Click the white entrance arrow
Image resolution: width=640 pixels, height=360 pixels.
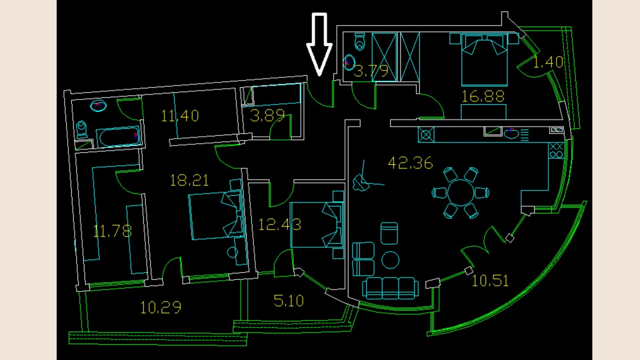pyautogui.click(x=319, y=44)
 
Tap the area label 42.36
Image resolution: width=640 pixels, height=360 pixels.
pyautogui.click(x=410, y=163)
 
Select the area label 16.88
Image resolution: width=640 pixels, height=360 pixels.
pyautogui.click(x=483, y=96)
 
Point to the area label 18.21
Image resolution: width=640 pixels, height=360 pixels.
pyautogui.click(x=189, y=180)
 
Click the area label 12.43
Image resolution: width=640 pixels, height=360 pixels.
pyautogui.click(x=280, y=224)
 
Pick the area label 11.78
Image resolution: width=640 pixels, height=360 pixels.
pyautogui.click(x=112, y=231)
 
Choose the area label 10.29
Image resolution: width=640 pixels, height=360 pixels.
pyautogui.click(x=160, y=307)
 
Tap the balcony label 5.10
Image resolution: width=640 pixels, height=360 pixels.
pyautogui.click(x=288, y=301)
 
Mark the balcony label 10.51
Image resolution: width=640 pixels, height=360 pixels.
pyautogui.click(x=490, y=281)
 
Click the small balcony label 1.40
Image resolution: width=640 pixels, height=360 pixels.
pyautogui.click(x=548, y=62)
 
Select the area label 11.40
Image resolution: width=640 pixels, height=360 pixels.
pyautogui.click(x=180, y=116)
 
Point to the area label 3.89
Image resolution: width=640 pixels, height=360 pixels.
pyautogui.click(x=267, y=116)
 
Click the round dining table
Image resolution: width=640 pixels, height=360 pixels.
pyautogui.click(x=460, y=192)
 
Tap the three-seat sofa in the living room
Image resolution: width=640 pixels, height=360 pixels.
pyautogui.click(x=390, y=288)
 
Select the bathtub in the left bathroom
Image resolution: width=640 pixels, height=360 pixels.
pyautogui.click(x=118, y=137)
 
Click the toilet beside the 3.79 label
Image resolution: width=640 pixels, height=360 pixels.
pyautogui.click(x=360, y=41)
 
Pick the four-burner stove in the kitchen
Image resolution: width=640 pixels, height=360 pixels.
pyautogui.click(x=556, y=150)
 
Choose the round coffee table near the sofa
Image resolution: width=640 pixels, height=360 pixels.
pyautogui.click(x=390, y=260)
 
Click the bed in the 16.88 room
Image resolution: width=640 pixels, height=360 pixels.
pyautogui.click(x=484, y=60)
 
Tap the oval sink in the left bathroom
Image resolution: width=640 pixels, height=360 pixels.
pyautogui.click(x=98, y=106)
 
